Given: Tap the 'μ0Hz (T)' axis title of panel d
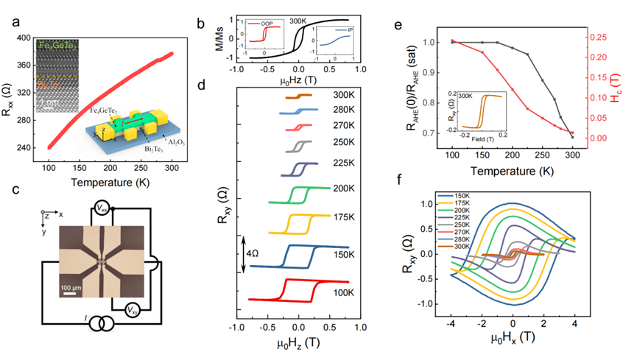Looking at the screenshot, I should coord(298,346).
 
